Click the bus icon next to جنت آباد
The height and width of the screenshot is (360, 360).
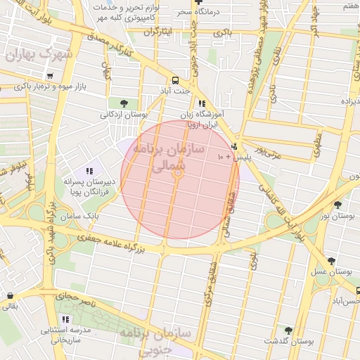pos(175,80)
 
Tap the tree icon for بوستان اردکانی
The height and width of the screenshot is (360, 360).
pos(124,103)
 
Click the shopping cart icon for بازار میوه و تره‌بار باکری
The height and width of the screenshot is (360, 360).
pos(49,76)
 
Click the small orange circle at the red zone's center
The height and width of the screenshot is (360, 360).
pos(178,173)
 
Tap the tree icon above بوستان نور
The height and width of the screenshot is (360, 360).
pos(337,205)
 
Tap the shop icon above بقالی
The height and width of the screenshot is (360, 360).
pos(10,296)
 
